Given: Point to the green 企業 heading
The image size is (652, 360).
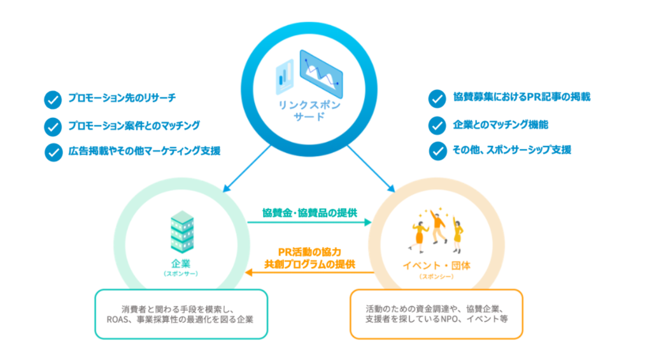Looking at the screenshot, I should click(181, 263).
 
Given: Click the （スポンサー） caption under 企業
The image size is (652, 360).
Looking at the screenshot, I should click(181, 274).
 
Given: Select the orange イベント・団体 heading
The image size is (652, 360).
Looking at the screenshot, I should click(438, 265).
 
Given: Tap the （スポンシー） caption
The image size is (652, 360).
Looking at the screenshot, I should click(438, 277).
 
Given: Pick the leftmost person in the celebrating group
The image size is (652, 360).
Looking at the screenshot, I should click(421, 234).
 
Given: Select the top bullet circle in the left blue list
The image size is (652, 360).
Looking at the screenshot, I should click(50, 99).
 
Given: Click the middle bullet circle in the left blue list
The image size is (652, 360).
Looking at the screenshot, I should click(50, 126).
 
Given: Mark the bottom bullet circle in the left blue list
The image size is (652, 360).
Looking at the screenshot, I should click(50, 153).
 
